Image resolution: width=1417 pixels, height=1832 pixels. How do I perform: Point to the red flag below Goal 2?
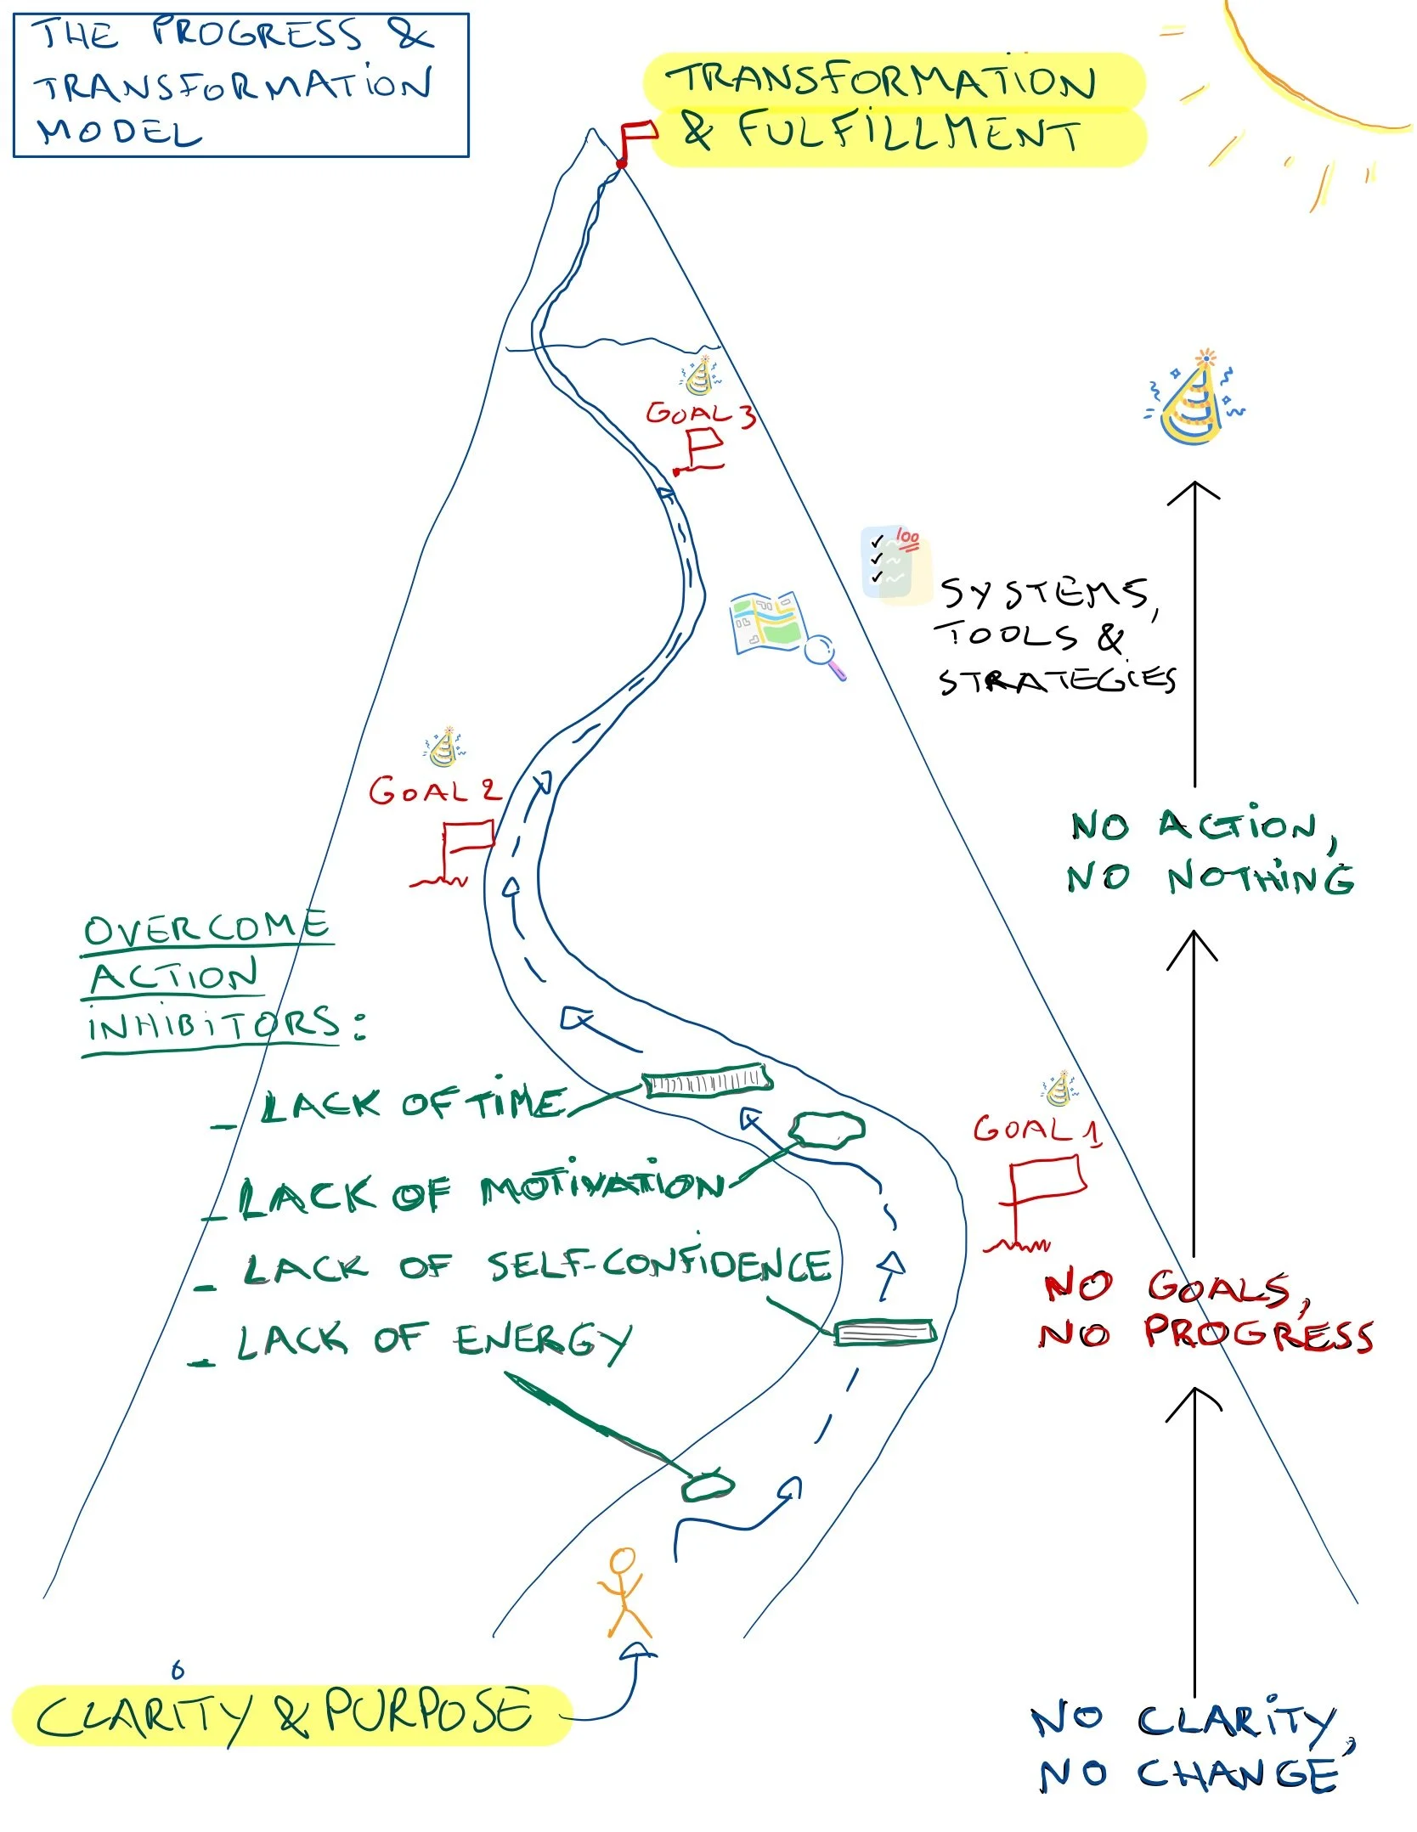pos(466,841)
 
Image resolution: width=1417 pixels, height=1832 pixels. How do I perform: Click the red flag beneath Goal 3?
pos(704,448)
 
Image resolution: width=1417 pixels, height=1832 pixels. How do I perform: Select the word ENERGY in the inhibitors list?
pos(543,1341)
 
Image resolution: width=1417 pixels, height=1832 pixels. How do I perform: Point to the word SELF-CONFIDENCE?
pos(659,1265)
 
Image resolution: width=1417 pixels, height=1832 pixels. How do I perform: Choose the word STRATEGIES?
pos(1057,680)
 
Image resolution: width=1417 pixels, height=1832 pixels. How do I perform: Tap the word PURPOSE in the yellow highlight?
pos(429,1712)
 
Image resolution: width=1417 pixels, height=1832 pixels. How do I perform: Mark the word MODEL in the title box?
pos(119,133)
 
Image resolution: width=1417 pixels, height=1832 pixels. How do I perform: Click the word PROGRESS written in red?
pos(1257,1333)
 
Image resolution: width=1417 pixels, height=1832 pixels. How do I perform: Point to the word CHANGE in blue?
pos(1237,1774)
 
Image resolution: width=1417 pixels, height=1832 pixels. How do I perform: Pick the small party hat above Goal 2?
pos(444,747)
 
